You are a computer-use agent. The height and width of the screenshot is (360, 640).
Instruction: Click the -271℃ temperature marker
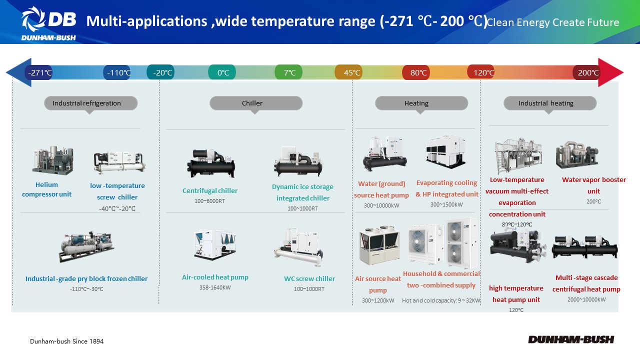click(x=39, y=72)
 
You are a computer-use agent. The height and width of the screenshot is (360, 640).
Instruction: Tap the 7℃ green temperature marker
click(x=288, y=72)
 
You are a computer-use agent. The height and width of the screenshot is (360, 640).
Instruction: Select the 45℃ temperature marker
click(x=348, y=72)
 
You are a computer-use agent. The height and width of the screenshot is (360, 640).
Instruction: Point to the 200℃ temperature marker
click(x=586, y=72)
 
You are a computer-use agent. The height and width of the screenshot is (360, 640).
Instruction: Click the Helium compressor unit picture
click(x=52, y=160)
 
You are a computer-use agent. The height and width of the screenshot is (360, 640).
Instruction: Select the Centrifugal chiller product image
click(x=211, y=163)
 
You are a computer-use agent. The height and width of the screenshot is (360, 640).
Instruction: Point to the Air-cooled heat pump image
click(x=215, y=244)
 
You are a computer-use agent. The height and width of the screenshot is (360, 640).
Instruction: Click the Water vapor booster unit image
click(x=577, y=154)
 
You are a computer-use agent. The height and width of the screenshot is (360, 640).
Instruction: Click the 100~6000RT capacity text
click(x=209, y=201)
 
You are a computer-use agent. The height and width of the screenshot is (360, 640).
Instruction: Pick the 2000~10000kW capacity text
click(x=586, y=299)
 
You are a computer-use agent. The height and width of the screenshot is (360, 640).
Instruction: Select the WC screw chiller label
click(x=309, y=278)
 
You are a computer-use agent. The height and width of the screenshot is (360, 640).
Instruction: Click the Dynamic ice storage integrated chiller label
click(x=303, y=192)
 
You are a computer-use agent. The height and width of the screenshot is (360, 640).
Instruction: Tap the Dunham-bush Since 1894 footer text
click(x=67, y=341)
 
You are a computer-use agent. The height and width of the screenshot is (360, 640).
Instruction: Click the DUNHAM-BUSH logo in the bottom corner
click(x=571, y=339)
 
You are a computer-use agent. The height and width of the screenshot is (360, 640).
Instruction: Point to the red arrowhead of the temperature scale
click(x=610, y=72)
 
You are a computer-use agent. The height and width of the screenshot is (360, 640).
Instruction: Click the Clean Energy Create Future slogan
click(x=553, y=22)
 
